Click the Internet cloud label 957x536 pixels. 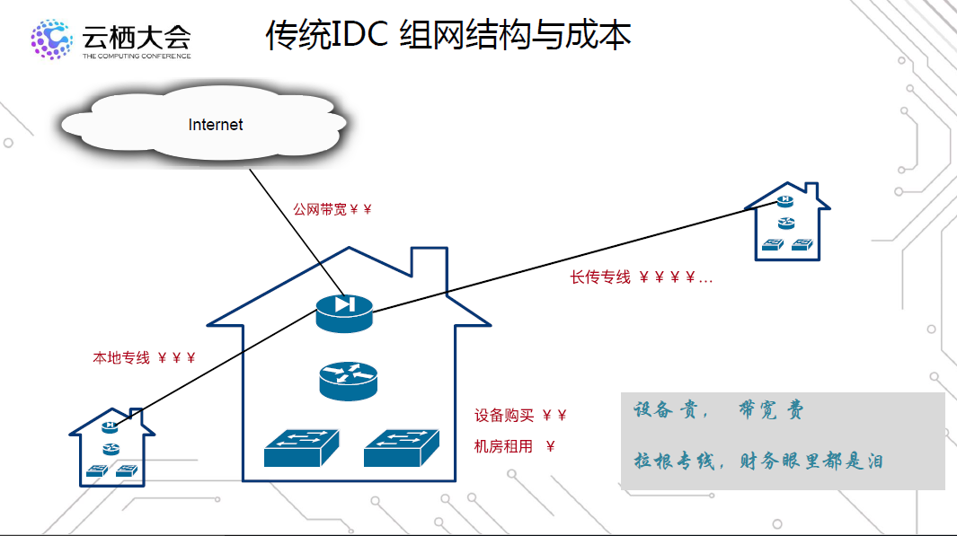click(x=216, y=125)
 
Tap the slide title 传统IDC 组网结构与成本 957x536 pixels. click(x=448, y=35)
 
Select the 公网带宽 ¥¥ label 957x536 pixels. click(x=332, y=209)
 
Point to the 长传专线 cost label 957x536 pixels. click(x=641, y=277)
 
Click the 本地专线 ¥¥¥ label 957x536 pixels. click(x=144, y=357)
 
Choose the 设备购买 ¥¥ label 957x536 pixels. click(x=520, y=416)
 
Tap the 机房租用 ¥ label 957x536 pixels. click(x=514, y=446)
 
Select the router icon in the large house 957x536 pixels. click(x=348, y=381)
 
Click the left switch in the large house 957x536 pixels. click(x=303, y=447)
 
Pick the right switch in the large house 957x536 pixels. click(x=402, y=447)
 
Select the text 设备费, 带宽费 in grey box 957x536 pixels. click(x=718, y=411)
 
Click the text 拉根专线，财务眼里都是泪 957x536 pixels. click(x=758, y=461)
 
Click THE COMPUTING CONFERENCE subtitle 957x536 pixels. click(x=137, y=56)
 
